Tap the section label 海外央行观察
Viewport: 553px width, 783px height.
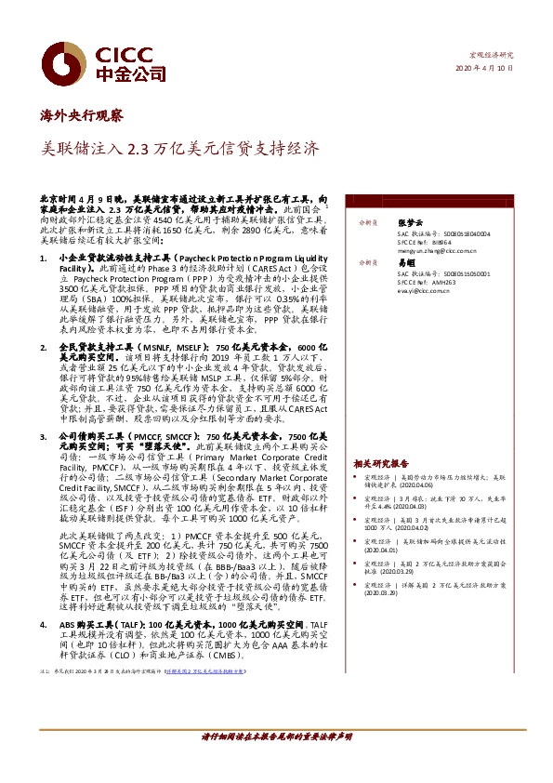pos(82,116)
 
